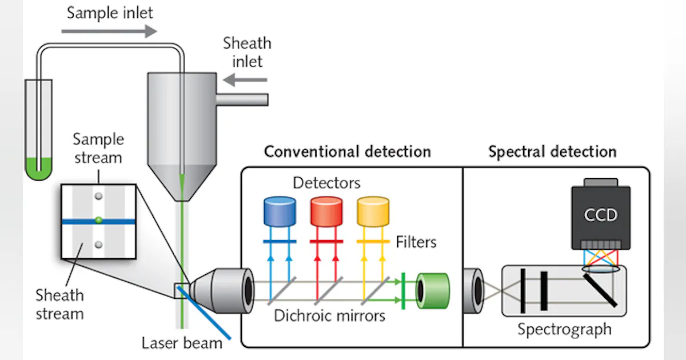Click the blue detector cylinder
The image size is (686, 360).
tap(279, 211)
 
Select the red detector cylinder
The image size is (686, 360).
tap(326, 211)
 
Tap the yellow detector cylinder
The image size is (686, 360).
tap(373, 211)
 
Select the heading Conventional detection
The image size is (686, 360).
tap(347, 151)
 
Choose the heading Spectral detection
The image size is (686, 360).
tap(552, 151)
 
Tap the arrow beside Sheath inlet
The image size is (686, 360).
tap(237, 79)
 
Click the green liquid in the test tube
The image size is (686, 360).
tap(38, 171)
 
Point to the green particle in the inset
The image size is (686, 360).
tap(99, 219)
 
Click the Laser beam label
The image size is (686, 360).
tap(182, 343)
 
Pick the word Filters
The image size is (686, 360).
tap(416, 242)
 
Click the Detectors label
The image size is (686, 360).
tap(326, 183)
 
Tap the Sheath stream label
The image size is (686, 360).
tap(59, 304)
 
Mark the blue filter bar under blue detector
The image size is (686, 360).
tap(279, 242)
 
